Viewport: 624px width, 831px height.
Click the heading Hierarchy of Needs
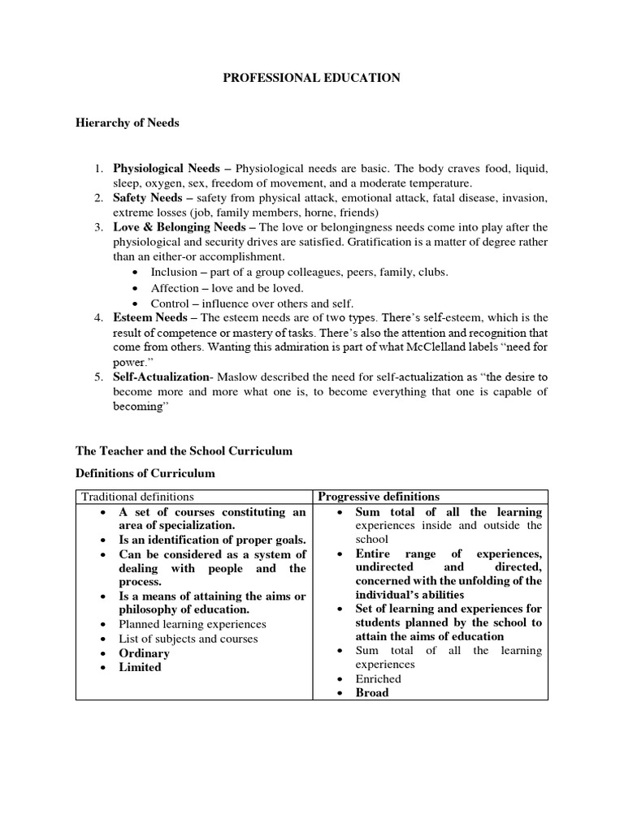click(x=127, y=123)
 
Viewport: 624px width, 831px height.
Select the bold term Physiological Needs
click(x=166, y=169)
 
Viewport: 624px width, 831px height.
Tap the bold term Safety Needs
click(x=148, y=198)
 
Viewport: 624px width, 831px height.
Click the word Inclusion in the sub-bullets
click(x=173, y=272)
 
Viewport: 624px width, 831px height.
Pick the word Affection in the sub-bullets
click(x=174, y=288)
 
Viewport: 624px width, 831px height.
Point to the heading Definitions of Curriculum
click(x=145, y=472)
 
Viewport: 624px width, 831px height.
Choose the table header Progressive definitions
click(x=378, y=497)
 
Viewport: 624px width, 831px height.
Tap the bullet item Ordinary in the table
click(x=144, y=653)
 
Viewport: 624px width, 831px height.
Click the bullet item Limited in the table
click(x=140, y=667)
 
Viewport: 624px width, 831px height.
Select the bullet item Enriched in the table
click(x=378, y=678)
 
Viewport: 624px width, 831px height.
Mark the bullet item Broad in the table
click(x=372, y=692)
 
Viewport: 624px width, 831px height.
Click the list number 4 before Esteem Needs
click(x=97, y=317)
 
